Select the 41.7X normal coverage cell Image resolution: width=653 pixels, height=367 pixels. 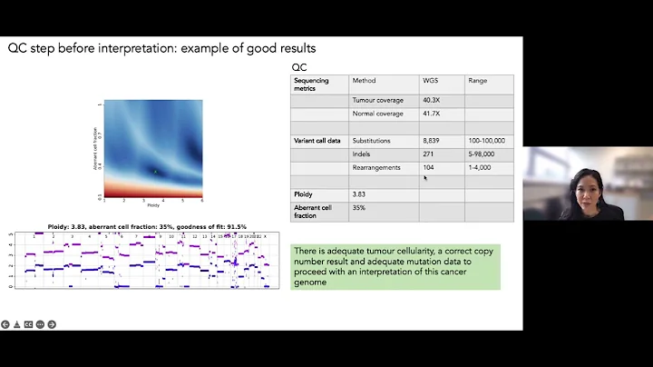[x=432, y=114]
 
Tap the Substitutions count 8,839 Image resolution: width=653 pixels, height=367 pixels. [x=432, y=141]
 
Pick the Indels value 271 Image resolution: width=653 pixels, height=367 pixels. [x=428, y=154]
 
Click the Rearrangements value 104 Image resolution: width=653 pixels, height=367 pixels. [x=428, y=168]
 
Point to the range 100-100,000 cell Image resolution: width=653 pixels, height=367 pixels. [x=487, y=141]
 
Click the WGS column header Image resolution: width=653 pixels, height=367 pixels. [x=431, y=80]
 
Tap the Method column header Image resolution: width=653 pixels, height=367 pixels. [x=364, y=80]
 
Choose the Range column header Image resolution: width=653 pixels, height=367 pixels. [x=477, y=80]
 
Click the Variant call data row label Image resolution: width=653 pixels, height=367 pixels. [x=317, y=141]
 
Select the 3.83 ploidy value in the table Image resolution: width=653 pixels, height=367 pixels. [x=361, y=194]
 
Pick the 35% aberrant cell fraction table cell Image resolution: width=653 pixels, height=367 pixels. [x=359, y=208]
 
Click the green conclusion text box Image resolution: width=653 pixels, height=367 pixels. [x=395, y=266]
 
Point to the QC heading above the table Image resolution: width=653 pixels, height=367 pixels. [x=298, y=67]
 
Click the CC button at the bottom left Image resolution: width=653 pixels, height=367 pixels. [x=29, y=324]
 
